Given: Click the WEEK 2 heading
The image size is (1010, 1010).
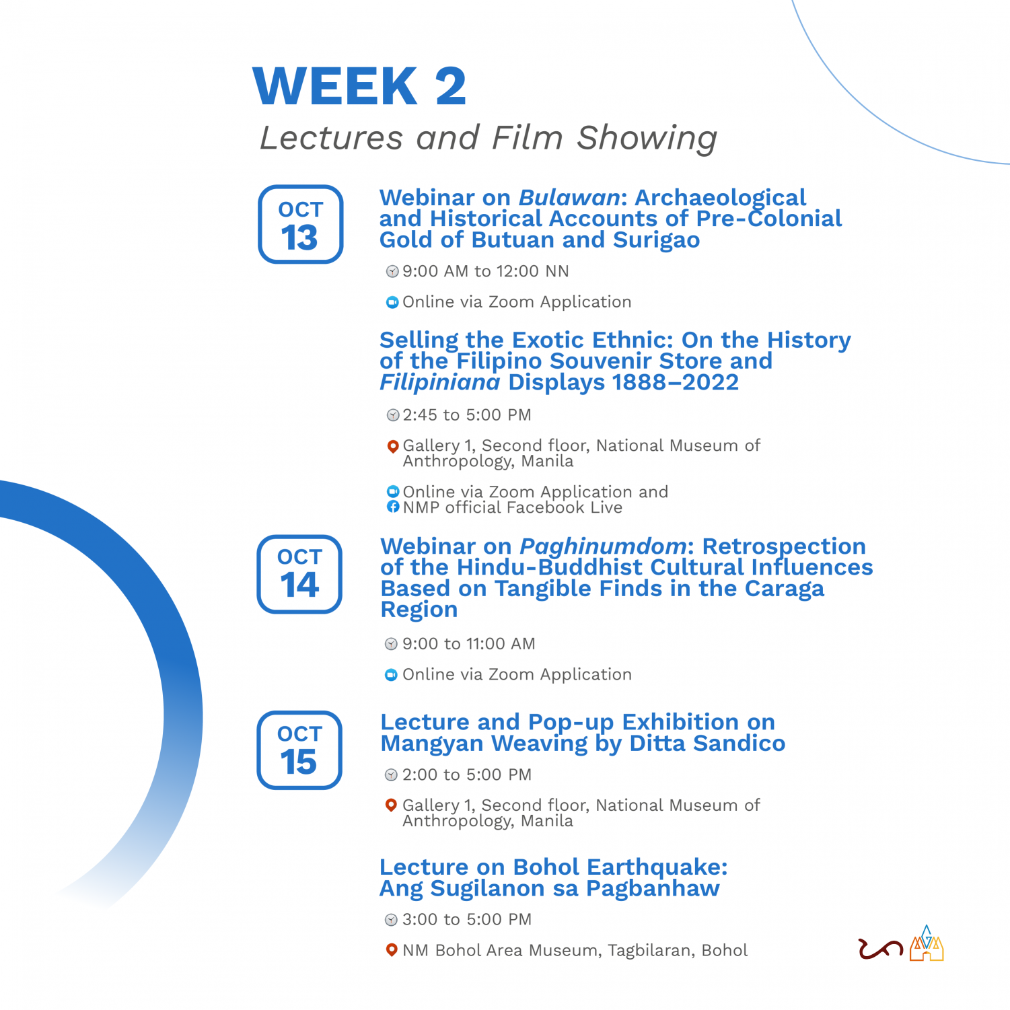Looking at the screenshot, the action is [x=359, y=86].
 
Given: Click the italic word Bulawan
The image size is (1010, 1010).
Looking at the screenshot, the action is [x=569, y=197].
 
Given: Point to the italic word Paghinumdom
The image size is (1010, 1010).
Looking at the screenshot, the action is [x=603, y=546].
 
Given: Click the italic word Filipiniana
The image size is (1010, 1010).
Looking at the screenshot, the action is [x=440, y=382].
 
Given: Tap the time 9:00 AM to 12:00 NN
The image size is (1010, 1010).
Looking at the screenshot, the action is [x=486, y=271].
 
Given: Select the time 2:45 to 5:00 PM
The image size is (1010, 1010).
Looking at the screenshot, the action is [x=467, y=414].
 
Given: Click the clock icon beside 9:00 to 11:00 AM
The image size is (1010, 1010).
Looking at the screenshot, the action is [x=391, y=644].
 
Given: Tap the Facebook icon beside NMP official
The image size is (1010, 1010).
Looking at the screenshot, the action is [x=393, y=507].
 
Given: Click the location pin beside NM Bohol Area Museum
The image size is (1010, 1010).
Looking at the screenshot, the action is [x=391, y=950].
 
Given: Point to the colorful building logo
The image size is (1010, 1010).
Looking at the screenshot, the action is [x=927, y=943].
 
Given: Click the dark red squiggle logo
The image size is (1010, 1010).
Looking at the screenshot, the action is [x=881, y=949].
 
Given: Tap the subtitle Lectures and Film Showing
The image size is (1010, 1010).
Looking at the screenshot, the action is [x=489, y=139].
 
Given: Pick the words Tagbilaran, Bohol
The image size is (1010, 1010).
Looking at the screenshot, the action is [x=678, y=951].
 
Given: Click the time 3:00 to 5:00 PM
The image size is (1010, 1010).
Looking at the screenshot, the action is [x=467, y=919].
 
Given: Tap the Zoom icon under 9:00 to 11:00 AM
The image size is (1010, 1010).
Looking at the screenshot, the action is [x=391, y=675].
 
